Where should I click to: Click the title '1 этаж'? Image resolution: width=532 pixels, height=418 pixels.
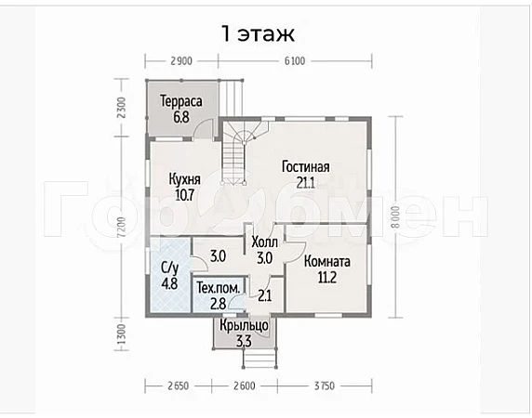point(259,33)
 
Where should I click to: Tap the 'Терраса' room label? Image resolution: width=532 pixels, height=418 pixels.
point(181,101)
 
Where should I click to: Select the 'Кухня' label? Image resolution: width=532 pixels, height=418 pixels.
point(184,179)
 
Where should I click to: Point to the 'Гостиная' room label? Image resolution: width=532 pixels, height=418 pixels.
point(306,167)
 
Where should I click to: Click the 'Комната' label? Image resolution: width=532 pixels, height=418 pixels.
point(327,262)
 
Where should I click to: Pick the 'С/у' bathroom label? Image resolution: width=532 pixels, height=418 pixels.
point(169,268)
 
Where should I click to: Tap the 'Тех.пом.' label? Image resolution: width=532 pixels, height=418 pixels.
point(219,288)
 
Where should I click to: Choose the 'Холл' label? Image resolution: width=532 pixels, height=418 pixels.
point(265,242)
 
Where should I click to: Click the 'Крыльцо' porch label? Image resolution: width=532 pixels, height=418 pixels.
point(244,326)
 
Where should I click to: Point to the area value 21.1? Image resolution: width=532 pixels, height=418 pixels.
point(306,183)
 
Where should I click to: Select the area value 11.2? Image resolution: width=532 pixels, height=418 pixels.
point(327,278)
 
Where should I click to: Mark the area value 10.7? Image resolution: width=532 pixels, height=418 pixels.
point(184,195)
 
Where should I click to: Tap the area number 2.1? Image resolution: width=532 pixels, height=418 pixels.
point(265,296)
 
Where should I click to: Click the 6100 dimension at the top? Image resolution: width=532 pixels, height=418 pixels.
point(295,61)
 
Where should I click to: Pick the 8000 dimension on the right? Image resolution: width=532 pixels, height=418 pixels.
point(396,216)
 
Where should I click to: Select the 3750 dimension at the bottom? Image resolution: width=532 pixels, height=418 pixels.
point(324,385)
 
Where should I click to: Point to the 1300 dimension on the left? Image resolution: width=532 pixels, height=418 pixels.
point(122,334)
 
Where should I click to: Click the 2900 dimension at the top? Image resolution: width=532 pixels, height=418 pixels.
point(181,61)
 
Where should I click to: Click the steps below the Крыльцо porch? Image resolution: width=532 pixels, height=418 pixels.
point(259,359)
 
